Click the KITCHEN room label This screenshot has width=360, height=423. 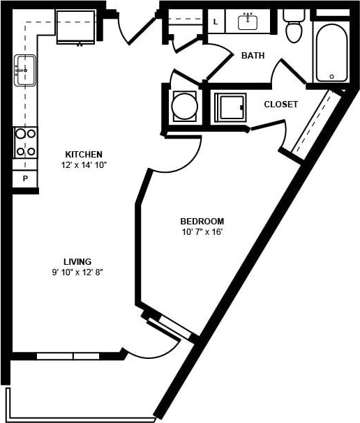[84, 154]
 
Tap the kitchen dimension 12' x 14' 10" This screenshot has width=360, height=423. [84, 165]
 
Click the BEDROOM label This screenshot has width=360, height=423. [201, 221]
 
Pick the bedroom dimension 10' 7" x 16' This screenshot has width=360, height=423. [201, 232]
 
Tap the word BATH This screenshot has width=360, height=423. [253, 56]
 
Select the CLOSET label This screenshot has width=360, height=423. [280, 105]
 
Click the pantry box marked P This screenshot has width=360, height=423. [25, 179]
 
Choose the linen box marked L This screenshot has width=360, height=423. [216, 22]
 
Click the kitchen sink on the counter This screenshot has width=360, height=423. [24, 70]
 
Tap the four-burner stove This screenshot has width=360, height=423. [26, 142]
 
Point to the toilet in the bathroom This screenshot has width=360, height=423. [294, 26]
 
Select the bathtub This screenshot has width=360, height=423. [331, 53]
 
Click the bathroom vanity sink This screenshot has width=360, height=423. [248, 22]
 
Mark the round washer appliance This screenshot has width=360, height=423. [185, 107]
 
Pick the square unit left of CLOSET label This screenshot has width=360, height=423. [229, 107]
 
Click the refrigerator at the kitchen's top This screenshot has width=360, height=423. [75, 27]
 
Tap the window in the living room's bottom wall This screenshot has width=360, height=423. [68, 356]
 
